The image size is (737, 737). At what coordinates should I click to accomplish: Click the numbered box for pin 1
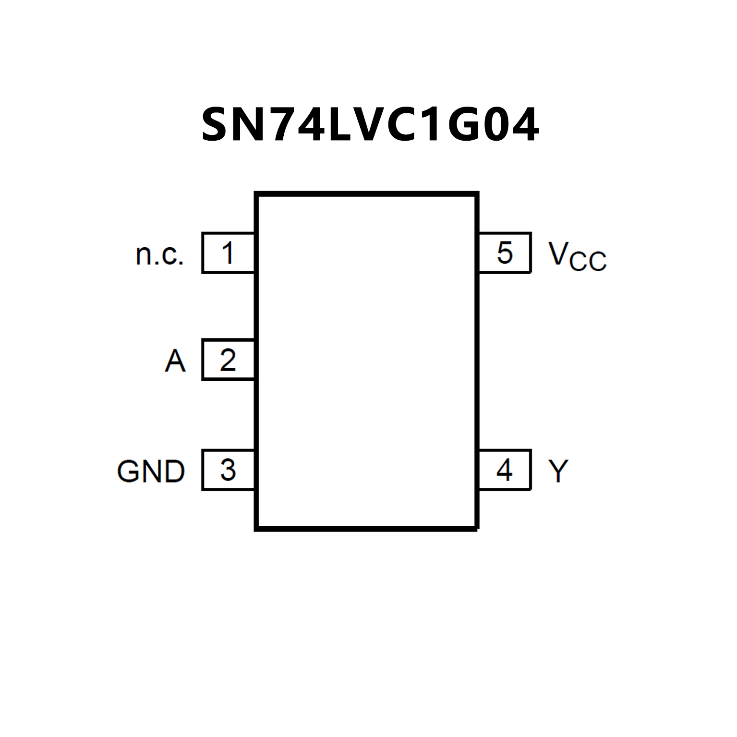coord(228,253)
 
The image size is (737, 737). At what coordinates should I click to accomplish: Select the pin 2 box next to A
coord(228,360)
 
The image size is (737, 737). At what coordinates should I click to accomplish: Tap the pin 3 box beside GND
coord(228,470)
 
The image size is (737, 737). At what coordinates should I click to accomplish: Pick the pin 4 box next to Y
coord(505,470)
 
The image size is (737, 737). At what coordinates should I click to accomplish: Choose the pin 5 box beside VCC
coord(505,253)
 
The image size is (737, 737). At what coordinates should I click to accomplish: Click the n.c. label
coord(160,254)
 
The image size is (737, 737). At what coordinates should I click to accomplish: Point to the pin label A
coord(175,361)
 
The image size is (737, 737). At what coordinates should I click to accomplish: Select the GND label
coord(151,471)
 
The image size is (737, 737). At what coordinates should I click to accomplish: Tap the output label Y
coord(558,471)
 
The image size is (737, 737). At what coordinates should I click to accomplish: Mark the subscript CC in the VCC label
coord(588,262)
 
